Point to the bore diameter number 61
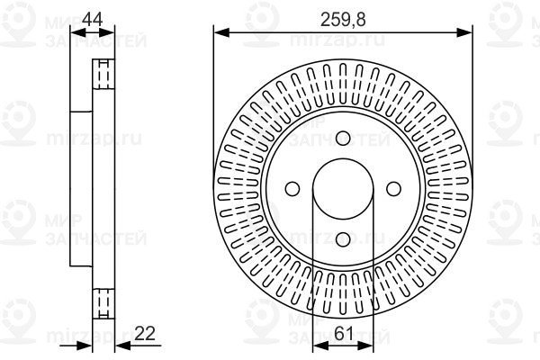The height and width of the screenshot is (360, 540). [x=343, y=333]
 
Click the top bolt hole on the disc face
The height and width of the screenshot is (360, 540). [x=343, y=138]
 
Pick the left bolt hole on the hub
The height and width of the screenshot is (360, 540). [x=292, y=188]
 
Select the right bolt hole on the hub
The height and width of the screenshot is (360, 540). [x=393, y=188]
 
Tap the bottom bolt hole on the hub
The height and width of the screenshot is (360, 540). [x=343, y=238]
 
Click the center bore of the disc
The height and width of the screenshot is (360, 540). [x=343, y=188]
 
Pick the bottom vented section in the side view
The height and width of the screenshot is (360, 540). [x=103, y=301]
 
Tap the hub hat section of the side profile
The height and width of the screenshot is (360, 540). [x=81, y=188]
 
